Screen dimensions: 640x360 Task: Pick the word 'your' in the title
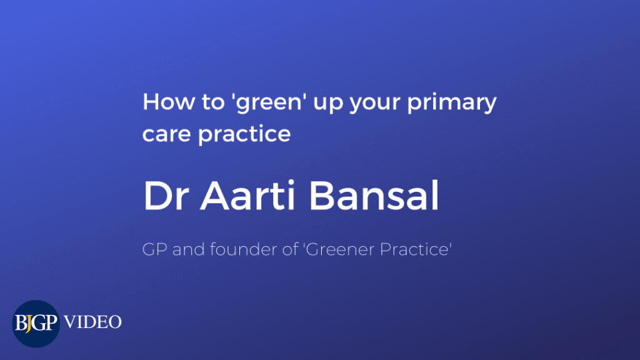374,105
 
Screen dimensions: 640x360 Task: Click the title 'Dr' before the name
166,196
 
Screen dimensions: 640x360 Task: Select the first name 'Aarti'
247,195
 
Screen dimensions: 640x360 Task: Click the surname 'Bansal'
374,195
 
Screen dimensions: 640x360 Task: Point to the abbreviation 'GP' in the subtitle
154,249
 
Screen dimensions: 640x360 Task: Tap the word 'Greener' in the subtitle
341,249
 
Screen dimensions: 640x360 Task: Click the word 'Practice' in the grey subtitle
414,249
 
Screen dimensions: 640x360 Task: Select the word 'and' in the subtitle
189,249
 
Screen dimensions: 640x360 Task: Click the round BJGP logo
36,324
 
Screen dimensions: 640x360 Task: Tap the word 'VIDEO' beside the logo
92,322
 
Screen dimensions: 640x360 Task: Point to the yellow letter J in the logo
28,324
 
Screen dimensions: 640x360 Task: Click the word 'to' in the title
213,102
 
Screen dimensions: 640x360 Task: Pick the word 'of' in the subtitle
290,249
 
